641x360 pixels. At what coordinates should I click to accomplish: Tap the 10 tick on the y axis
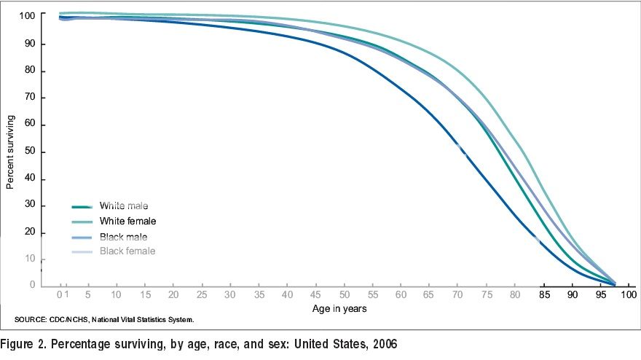(x=31, y=259)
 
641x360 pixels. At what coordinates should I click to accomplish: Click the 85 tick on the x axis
(x=545, y=295)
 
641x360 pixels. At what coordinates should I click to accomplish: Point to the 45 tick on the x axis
(x=316, y=295)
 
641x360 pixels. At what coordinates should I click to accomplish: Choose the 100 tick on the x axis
(x=629, y=295)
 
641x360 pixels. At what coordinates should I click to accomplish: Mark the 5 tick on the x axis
(x=88, y=295)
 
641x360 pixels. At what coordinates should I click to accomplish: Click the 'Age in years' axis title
(x=339, y=308)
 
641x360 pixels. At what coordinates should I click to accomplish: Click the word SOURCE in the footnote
(x=30, y=320)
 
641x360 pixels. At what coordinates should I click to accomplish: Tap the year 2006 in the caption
(x=385, y=343)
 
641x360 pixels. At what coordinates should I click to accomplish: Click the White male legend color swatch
(x=85, y=207)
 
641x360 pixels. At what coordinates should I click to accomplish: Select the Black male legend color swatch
(x=85, y=237)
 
